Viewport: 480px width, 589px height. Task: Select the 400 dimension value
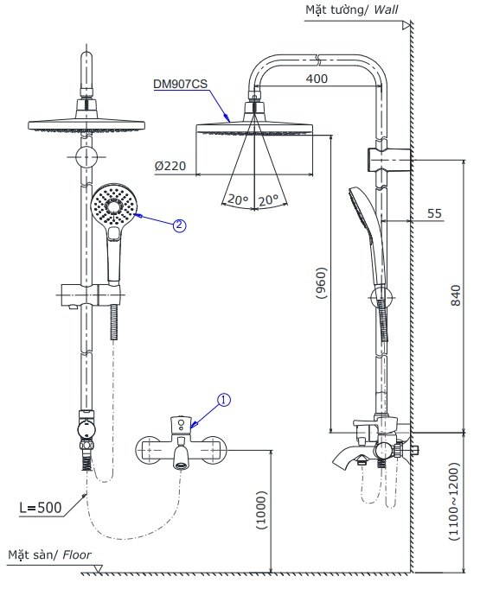pos(317,79)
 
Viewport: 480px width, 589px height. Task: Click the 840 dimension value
pos(457,296)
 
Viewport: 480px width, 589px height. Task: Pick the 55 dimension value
pos(434,212)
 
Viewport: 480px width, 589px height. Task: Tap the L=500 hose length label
pos(40,506)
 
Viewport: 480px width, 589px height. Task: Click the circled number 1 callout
pos(223,400)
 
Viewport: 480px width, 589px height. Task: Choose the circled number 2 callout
pos(179,226)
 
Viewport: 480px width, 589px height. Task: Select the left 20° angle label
pos(237,199)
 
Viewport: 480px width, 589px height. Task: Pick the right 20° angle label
pos(268,199)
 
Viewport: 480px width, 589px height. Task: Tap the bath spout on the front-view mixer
pos(182,457)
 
